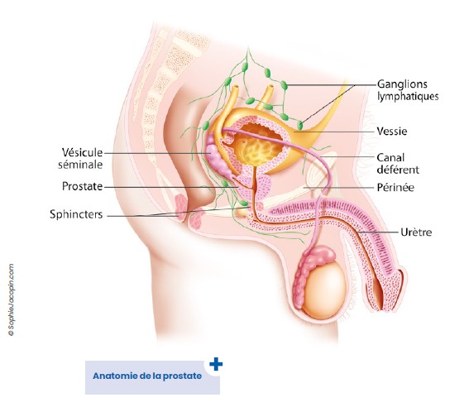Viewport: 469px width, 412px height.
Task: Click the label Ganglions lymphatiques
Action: point(408,90)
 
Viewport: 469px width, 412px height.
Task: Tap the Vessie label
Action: point(392,132)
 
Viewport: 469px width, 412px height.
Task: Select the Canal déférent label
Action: point(398,164)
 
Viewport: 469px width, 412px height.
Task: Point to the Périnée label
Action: point(395,188)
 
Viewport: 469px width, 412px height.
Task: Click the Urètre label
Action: point(416,232)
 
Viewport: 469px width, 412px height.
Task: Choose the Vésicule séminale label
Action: point(80,158)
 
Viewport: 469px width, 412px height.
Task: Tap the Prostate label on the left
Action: point(82,186)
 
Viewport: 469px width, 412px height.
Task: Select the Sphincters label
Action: point(76,214)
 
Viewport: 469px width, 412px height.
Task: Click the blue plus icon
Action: point(216,364)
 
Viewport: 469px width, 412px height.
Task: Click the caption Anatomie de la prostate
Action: point(147,376)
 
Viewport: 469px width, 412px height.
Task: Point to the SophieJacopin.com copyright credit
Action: point(12,299)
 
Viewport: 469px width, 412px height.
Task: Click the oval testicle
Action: point(323,290)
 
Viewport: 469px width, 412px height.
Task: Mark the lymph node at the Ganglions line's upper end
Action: point(284,85)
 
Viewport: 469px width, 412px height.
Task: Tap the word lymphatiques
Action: point(408,96)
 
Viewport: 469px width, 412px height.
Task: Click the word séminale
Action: point(80,165)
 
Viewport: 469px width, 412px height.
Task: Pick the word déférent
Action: point(398,170)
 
